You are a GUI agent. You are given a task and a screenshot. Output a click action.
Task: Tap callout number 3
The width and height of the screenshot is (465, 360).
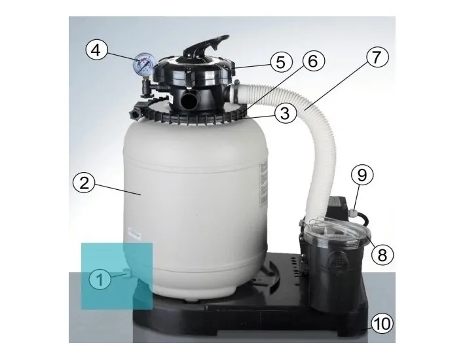click(282, 113)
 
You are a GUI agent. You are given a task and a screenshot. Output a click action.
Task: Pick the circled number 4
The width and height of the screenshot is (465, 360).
click(96, 50)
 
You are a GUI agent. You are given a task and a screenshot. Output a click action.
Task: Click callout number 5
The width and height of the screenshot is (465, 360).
click(280, 63)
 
